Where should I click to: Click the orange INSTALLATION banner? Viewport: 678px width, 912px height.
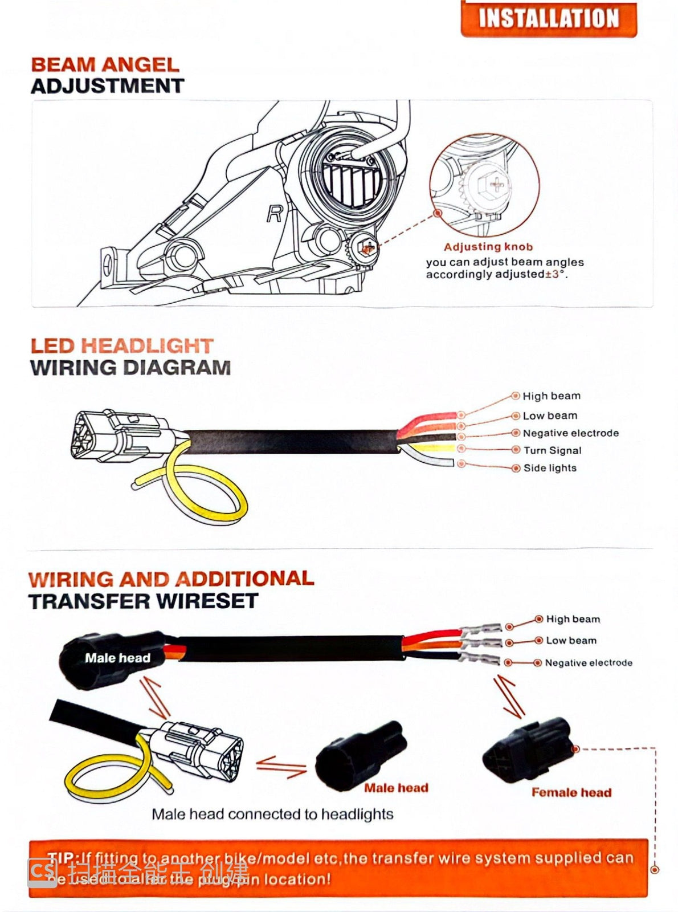pyautogui.click(x=548, y=18)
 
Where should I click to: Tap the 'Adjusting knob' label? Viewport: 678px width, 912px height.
pyautogui.click(x=488, y=247)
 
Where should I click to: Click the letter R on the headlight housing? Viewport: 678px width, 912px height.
pyautogui.click(x=275, y=214)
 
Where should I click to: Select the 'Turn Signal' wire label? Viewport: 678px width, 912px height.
pyautogui.click(x=553, y=450)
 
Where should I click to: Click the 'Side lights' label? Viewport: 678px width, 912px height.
pyautogui.click(x=550, y=468)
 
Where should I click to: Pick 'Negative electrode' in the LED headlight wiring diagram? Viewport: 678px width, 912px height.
pyautogui.click(x=570, y=433)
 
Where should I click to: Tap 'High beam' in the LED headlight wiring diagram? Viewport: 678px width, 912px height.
pyautogui.click(x=552, y=396)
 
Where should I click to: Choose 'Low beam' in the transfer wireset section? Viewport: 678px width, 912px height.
pyautogui.click(x=571, y=641)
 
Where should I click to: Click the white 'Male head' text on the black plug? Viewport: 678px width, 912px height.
pyautogui.click(x=117, y=658)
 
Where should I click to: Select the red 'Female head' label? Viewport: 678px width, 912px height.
pyautogui.click(x=571, y=792)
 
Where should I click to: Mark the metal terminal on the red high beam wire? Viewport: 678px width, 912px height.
pyautogui.click(x=482, y=629)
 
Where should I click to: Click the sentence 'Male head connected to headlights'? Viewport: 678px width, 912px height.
pyautogui.click(x=272, y=814)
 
